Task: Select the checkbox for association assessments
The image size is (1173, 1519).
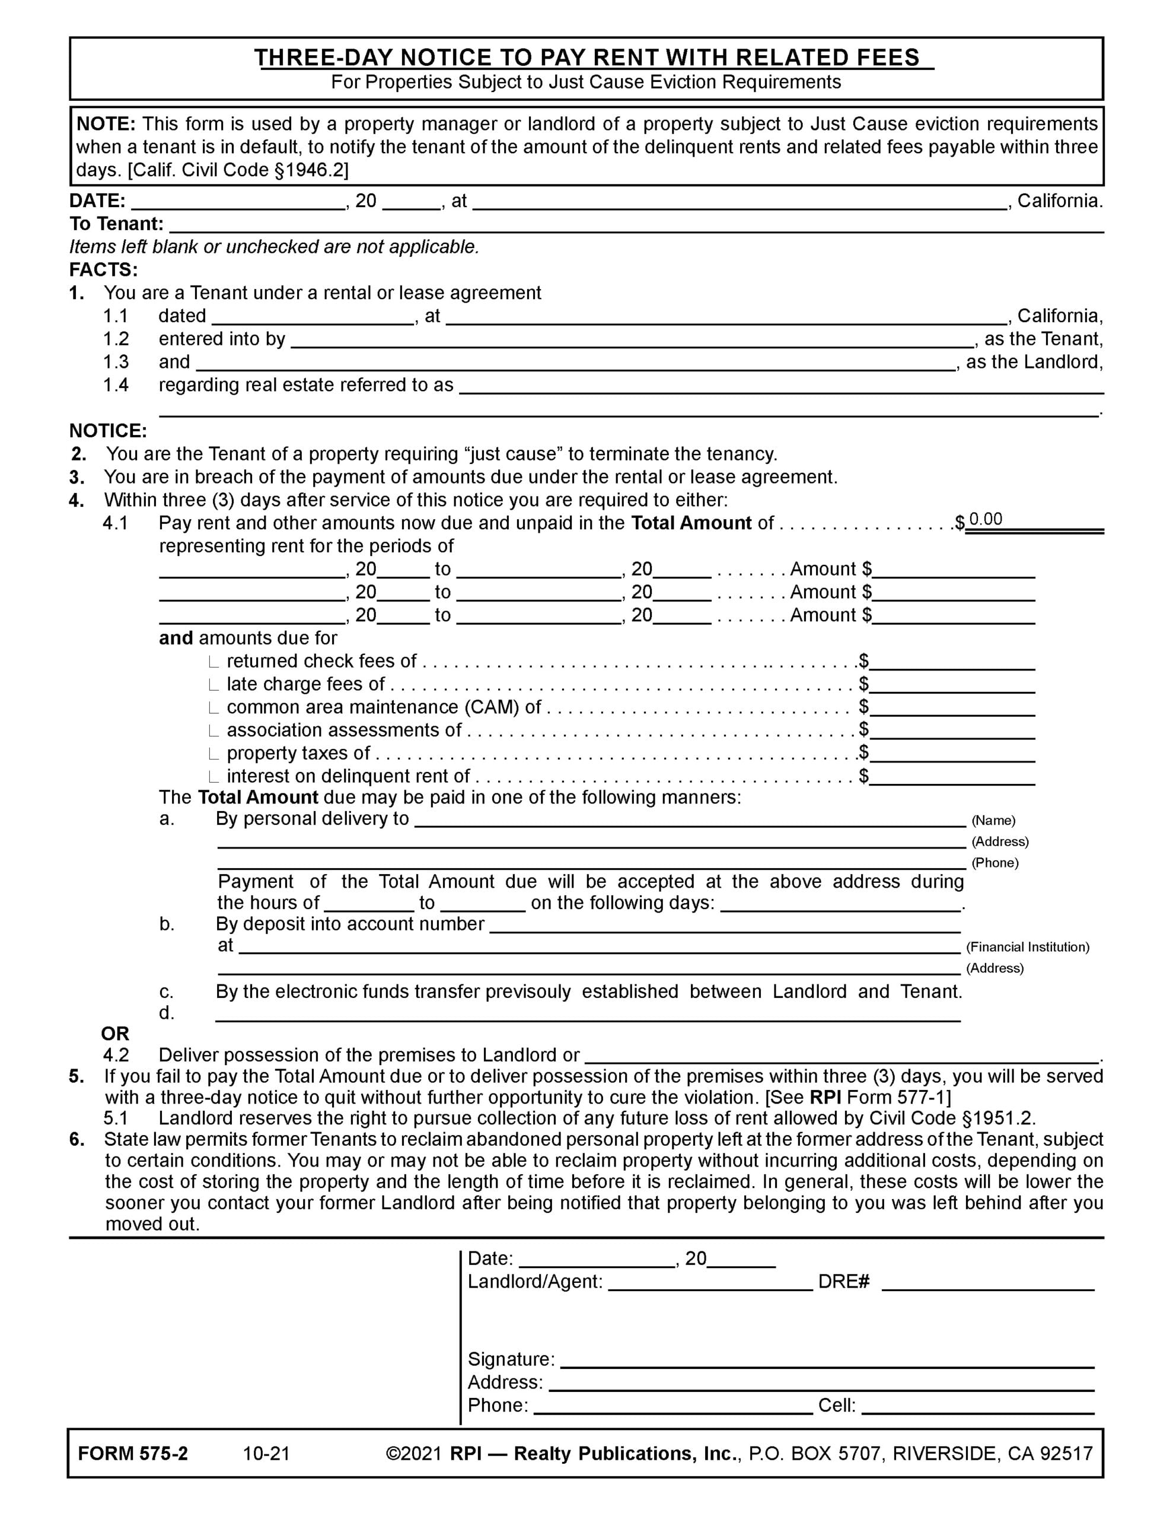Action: [x=214, y=731]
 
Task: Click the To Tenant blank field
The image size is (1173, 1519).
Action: [x=636, y=225]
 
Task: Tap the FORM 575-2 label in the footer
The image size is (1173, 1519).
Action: [x=133, y=1454]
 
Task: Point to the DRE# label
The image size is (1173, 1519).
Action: [x=843, y=1281]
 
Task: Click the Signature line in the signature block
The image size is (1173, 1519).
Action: [x=827, y=1360]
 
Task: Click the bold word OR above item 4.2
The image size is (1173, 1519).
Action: [x=116, y=1034]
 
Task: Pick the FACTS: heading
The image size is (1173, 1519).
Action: [x=104, y=270]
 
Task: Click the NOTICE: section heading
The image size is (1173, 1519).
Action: [x=108, y=431]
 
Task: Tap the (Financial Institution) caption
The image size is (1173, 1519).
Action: [x=1027, y=946]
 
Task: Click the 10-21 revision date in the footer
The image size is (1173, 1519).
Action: [x=266, y=1454]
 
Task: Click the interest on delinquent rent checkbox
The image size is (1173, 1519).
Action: [x=214, y=777]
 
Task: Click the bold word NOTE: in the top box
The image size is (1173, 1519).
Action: [x=106, y=125]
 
